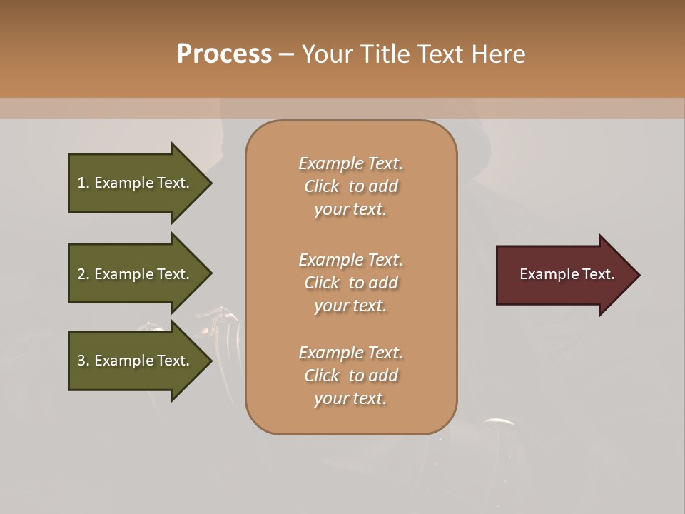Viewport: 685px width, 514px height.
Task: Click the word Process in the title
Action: (224, 54)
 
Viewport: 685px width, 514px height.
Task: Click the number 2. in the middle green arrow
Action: (83, 274)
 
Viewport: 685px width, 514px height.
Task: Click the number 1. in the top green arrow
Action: (83, 183)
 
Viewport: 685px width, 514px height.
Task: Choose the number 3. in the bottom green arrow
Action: (83, 361)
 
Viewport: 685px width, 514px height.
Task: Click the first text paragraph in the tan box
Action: (350, 186)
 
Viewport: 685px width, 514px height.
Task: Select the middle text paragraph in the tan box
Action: (350, 282)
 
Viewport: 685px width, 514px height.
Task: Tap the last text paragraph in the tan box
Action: (350, 376)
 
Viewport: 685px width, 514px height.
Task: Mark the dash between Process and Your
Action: (286, 55)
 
